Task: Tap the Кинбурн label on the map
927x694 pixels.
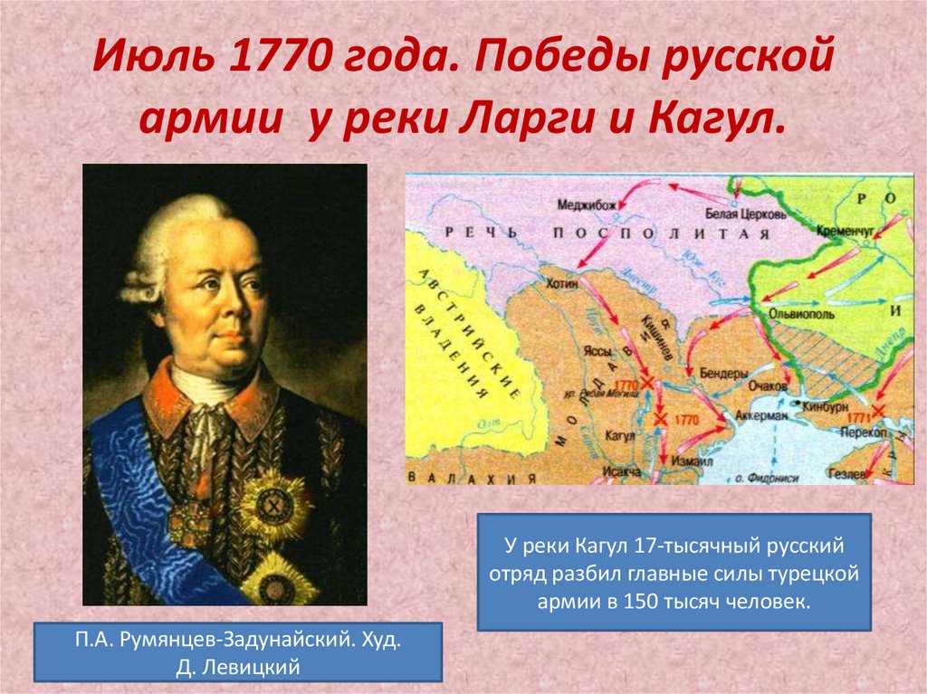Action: point(826,408)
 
